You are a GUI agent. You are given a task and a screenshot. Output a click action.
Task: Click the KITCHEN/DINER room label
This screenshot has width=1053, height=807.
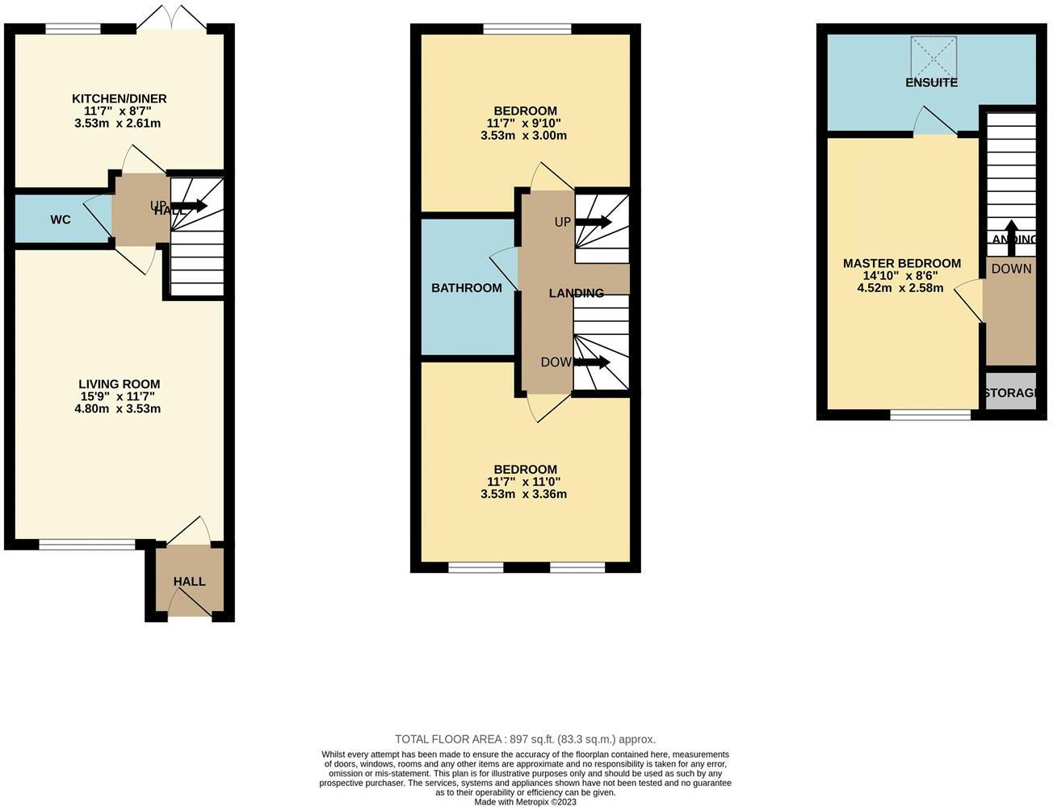[x=120, y=98]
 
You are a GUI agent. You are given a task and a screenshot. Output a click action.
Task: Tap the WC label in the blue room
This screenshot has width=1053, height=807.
[x=61, y=220]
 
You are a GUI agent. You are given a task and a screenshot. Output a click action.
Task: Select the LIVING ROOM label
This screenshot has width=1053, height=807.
[x=119, y=384]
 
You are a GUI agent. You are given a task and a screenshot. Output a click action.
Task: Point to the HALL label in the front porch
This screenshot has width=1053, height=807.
[x=189, y=581]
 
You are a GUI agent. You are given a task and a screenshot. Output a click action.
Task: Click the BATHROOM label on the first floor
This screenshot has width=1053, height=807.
[x=466, y=287]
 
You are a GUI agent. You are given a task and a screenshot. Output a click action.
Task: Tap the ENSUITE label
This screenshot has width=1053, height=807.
[x=931, y=82]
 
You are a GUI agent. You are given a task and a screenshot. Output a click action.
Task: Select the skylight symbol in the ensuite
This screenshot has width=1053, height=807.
[x=933, y=56]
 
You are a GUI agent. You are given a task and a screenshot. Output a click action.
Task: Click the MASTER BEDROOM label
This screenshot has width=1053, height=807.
[x=901, y=263]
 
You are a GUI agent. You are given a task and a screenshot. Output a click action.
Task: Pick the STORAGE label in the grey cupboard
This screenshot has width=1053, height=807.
[x=1010, y=393]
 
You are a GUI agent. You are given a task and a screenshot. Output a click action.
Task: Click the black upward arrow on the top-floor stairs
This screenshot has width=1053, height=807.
[x=1010, y=230]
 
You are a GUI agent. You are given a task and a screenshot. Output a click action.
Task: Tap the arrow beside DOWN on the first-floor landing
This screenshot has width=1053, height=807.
[x=593, y=362]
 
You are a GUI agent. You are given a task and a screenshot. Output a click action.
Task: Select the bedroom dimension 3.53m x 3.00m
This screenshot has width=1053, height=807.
[x=523, y=136]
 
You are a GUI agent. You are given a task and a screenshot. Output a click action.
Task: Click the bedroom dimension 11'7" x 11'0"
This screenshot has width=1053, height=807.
[x=523, y=482]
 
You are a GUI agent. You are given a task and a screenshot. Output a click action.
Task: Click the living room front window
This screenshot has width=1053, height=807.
[x=87, y=545]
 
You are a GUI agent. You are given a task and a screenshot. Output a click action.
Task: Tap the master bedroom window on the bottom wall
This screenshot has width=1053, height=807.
[x=930, y=415]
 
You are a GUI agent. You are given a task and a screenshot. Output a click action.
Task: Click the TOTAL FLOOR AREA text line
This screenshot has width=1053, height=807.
[x=525, y=738]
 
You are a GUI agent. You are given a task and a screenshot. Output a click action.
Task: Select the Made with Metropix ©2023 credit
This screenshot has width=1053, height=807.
[x=525, y=802]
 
